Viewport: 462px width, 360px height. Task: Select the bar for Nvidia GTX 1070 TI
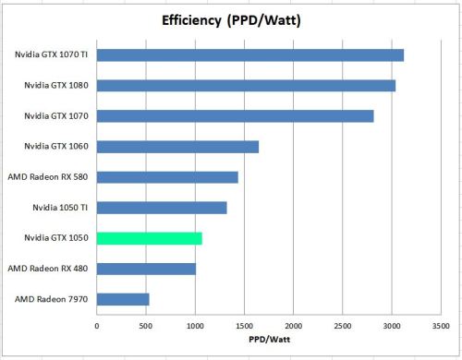tap(249, 55)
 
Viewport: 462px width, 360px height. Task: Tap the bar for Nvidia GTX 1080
tap(246, 86)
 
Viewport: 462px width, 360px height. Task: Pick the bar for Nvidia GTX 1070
tap(235, 116)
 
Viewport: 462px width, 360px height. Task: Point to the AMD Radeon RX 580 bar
tap(167, 177)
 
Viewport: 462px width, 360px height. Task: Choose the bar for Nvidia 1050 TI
tap(162, 208)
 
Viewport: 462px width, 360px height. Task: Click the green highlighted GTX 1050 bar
tap(149, 238)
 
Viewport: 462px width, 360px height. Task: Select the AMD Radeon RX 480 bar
tap(146, 269)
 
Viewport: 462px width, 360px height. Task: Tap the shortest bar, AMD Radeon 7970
tap(123, 299)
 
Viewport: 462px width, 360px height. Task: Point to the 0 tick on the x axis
tap(97, 324)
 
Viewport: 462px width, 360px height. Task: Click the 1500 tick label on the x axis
tap(244, 324)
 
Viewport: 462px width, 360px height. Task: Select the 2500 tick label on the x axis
tap(342, 324)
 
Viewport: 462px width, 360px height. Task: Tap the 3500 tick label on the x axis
tap(440, 324)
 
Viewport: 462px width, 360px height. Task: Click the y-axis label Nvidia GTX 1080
tap(56, 86)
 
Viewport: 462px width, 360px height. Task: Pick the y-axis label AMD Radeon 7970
tap(52, 299)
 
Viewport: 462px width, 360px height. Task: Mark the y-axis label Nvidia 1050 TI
tap(58, 208)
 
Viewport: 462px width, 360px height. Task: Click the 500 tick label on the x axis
tap(146, 324)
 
